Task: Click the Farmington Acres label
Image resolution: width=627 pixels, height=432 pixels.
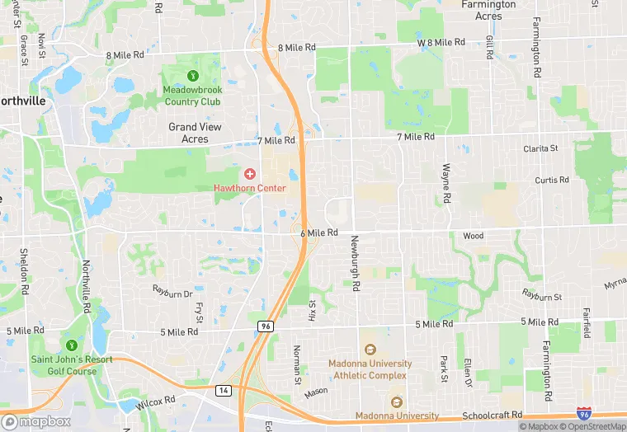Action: click(488, 10)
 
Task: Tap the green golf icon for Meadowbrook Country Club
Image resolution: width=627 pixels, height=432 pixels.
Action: click(192, 76)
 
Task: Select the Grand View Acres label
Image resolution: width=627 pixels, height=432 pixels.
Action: click(195, 133)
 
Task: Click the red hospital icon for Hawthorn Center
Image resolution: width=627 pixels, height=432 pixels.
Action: click(249, 174)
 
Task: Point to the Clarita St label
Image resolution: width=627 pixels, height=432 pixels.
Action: click(540, 148)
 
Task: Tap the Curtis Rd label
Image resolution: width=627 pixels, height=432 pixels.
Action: click(551, 180)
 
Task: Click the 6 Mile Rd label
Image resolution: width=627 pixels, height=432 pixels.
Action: click(319, 233)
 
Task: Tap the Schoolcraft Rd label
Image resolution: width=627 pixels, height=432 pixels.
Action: click(493, 415)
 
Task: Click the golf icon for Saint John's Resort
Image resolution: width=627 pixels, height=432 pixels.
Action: click(72, 345)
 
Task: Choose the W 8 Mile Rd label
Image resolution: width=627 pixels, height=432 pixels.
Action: click(441, 42)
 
